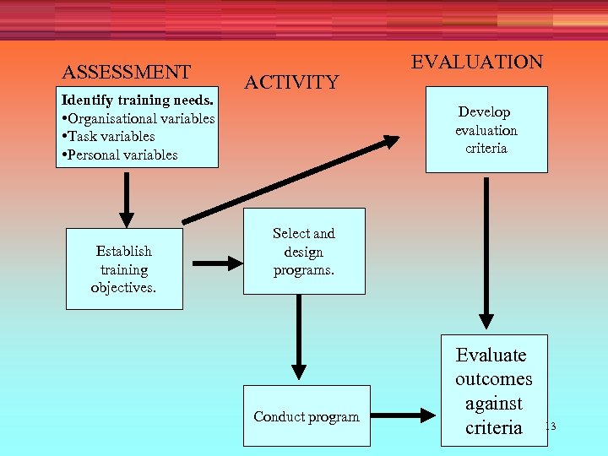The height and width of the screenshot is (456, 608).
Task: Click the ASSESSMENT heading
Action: (x=127, y=72)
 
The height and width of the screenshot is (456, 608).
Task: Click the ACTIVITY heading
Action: (x=291, y=82)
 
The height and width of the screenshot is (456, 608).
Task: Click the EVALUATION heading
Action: (x=476, y=62)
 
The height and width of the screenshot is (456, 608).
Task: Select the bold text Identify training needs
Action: (x=140, y=100)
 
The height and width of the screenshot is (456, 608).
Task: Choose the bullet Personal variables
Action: (x=119, y=155)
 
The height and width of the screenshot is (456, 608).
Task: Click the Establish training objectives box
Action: (x=124, y=269)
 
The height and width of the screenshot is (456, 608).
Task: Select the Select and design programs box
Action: (x=304, y=252)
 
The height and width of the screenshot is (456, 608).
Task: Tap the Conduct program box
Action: (x=307, y=416)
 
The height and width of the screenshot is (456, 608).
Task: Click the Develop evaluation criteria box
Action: (x=486, y=130)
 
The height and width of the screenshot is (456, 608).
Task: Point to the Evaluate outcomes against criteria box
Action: (x=494, y=391)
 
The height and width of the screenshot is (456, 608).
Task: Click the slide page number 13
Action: (x=550, y=426)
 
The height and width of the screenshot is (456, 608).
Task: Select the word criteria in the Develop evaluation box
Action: (x=486, y=149)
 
